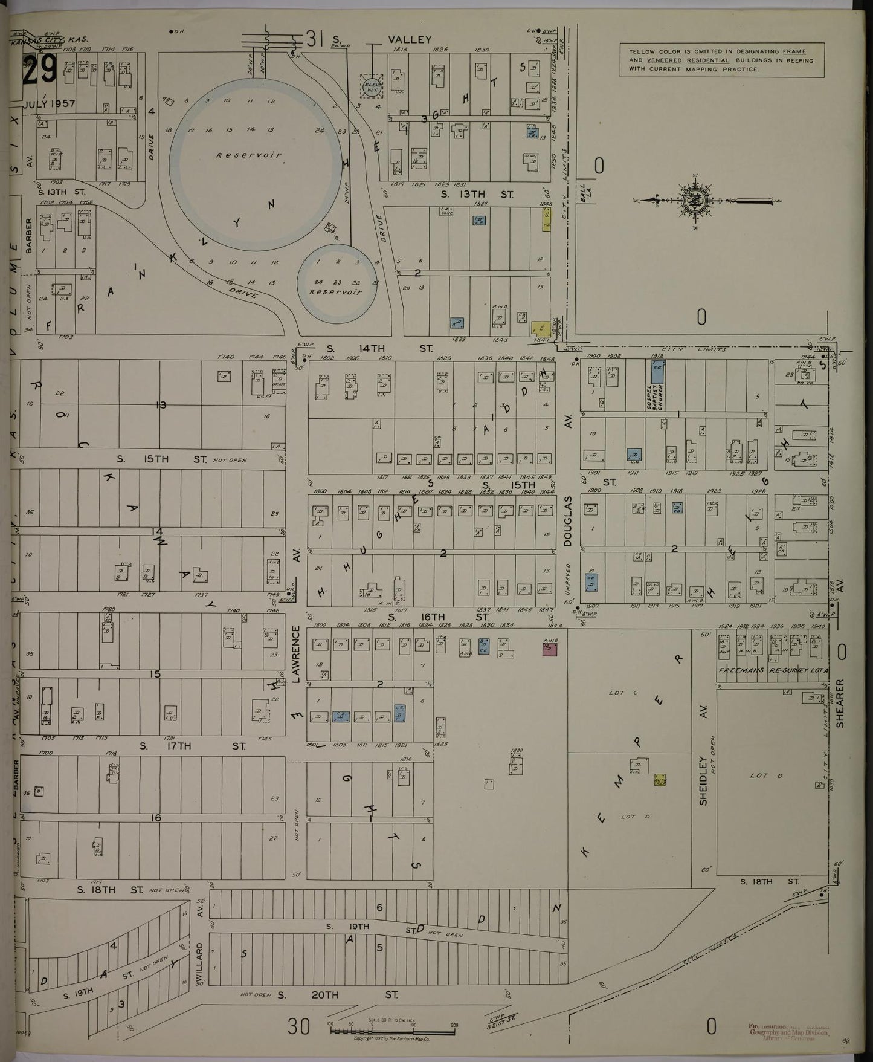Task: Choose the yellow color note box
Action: [x=722, y=60]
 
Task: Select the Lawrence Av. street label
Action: [x=296, y=654]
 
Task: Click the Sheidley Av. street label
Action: [x=703, y=780]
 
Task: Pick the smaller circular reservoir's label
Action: [x=336, y=291]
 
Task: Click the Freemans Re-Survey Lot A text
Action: [x=774, y=671]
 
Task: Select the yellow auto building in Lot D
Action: [x=660, y=780]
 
